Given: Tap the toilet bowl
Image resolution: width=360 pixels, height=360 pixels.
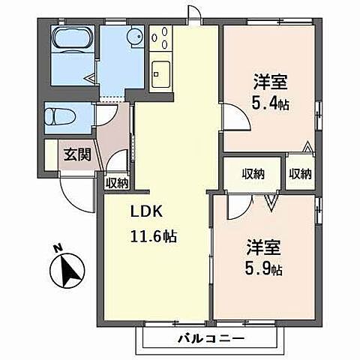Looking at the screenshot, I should pyautogui.click(x=60, y=117).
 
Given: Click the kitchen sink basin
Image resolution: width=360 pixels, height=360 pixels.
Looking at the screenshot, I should pyautogui.click(x=161, y=73).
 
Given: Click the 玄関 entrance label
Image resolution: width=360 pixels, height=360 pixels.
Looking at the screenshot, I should pyautogui.click(x=77, y=155).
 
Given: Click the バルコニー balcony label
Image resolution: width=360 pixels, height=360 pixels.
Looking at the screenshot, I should pyautogui.click(x=210, y=338).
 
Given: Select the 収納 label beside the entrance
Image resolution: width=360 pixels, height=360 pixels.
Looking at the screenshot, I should pyautogui.click(x=116, y=181).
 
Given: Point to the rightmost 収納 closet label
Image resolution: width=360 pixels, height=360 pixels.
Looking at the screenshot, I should pyautogui.click(x=300, y=174).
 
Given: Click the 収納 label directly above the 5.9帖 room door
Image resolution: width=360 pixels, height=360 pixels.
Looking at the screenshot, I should pyautogui.click(x=253, y=174).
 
